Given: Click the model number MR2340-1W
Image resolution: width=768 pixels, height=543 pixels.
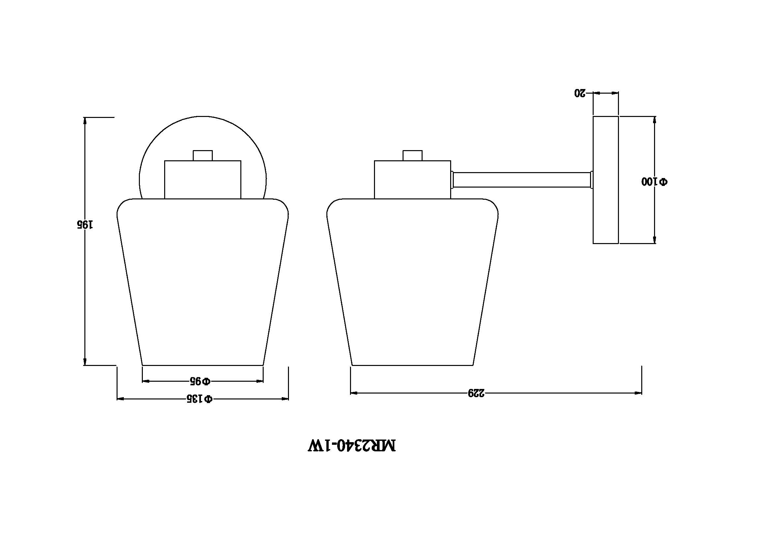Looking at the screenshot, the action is pos(352,446).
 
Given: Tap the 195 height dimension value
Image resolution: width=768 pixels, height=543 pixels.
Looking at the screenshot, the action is pos(85,224).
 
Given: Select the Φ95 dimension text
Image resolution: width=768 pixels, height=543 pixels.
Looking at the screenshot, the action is pos(200,381).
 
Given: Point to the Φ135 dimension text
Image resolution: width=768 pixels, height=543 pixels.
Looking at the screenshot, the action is pos(199,398).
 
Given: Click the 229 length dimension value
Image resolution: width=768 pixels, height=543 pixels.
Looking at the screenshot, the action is pos(476,393).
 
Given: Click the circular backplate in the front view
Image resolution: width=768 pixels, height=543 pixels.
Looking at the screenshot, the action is pos(203,117).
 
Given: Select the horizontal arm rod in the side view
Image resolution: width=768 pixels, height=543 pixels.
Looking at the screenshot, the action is pos(521,180).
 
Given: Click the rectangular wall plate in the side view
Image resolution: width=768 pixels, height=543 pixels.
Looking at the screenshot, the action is pos(605,180).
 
